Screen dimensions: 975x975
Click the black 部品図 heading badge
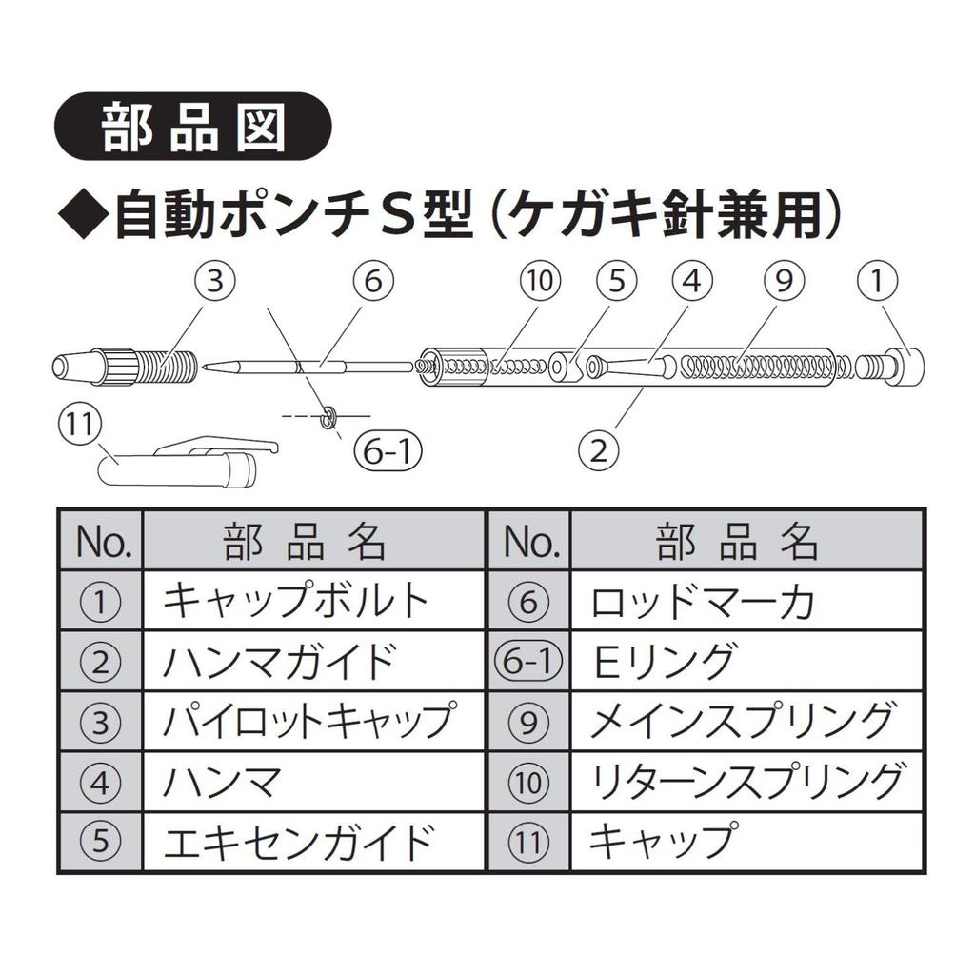(x=192, y=127)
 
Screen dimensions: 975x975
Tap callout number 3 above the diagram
(x=214, y=282)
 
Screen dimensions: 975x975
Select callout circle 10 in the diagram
(x=540, y=281)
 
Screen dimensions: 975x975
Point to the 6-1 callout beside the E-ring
(x=388, y=450)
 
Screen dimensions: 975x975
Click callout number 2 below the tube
(x=598, y=450)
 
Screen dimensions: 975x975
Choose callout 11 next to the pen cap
(x=79, y=426)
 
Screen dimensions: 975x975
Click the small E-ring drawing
(x=328, y=418)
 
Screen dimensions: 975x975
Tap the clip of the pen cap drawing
(x=218, y=446)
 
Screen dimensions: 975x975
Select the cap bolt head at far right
(x=906, y=368)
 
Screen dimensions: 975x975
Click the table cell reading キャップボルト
(x=313, y=601)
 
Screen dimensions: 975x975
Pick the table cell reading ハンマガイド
(x=313, y=661)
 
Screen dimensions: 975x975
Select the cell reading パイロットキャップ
(x=313, y=721)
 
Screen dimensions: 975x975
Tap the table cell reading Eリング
(x=746, y=661)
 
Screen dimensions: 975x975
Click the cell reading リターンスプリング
(x=746, y=781)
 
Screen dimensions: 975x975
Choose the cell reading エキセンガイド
(x=313, y=841)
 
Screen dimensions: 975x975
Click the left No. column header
(x=101, y=540)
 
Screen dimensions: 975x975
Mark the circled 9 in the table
(x=527, y=722)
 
